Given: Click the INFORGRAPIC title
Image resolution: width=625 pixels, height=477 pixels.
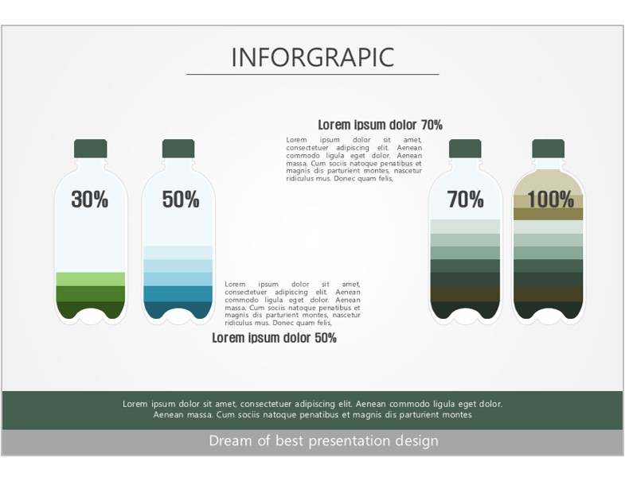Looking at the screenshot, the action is (313, 57).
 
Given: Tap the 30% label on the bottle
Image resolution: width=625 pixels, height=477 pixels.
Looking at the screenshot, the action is (90, 199).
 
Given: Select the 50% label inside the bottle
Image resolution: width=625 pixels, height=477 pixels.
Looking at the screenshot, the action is (181, 199).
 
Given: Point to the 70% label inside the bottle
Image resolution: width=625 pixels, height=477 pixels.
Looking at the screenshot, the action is (465, 199).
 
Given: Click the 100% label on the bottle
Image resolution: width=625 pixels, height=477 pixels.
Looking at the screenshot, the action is (550, 199).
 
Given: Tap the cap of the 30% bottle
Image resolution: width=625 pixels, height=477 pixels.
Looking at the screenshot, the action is (91, 149).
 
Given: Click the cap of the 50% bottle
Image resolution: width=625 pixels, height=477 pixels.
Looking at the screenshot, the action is (178, 149).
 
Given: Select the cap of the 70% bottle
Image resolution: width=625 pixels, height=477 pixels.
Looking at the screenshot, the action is (465, 149).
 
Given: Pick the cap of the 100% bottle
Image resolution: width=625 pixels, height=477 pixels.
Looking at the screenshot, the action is (548, 149).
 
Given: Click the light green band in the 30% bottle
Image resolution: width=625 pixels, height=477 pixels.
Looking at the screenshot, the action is (91, 279).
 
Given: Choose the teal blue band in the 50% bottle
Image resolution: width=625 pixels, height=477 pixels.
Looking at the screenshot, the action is (178, 294).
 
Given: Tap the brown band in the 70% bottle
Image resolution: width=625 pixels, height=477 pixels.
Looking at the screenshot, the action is (465, 294).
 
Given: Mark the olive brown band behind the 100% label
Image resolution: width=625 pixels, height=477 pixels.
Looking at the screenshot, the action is (548, 214).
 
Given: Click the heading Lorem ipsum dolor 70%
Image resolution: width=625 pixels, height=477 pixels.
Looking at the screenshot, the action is (381, 125).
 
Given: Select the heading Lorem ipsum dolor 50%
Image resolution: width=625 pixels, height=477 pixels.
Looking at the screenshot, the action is (274, 338).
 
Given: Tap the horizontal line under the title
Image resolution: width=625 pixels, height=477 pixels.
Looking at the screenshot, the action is (313, 74).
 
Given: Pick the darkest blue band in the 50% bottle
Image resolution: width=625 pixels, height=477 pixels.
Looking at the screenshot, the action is (178, 310).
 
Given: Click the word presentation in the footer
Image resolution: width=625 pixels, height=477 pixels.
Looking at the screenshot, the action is (350, 441).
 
